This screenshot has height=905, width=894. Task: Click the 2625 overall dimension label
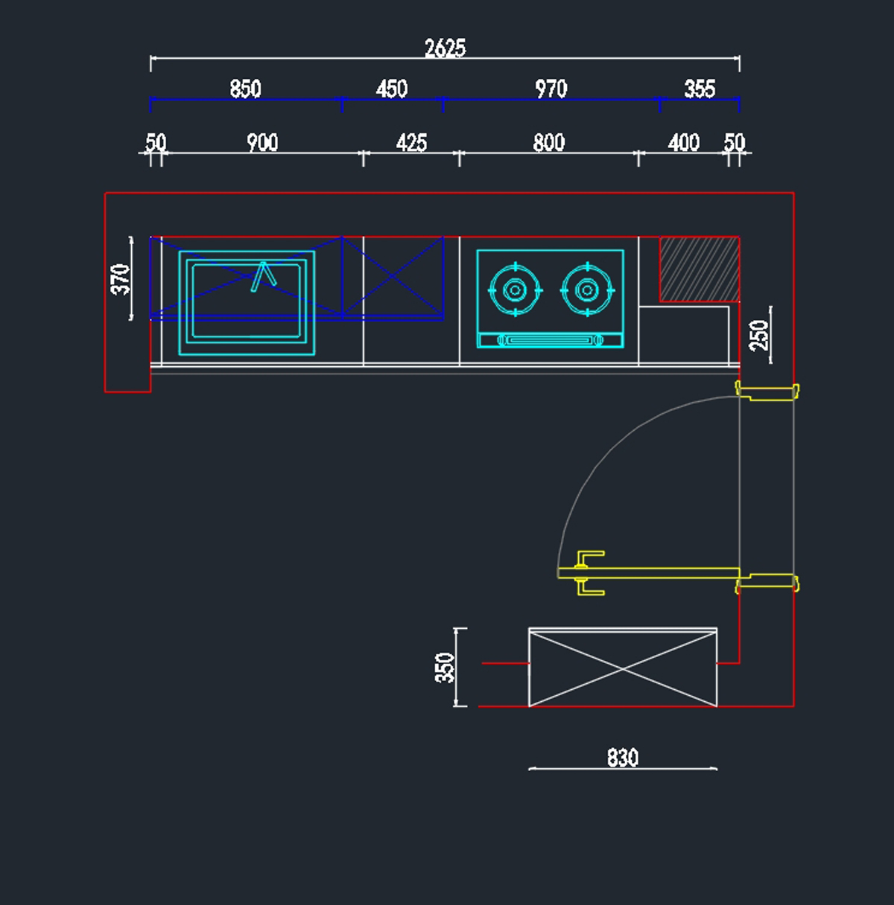[445, 48]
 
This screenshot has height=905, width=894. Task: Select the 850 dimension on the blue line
[246, 89]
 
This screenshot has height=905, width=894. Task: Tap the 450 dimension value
[392, 89]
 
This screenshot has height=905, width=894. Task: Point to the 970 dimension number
[551, 89]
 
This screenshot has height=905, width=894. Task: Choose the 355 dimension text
[700, 89]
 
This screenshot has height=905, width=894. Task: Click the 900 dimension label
[262, 142]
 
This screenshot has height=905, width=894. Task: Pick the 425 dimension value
[411, 142]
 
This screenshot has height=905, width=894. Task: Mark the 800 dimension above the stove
[549, 142]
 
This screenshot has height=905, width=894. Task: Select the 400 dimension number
[684, 142]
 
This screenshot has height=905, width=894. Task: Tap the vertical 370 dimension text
[121, 279]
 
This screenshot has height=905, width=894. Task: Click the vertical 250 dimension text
[759, 335]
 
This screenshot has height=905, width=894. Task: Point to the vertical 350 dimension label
[445, 668]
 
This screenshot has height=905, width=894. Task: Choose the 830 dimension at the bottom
[623, 758]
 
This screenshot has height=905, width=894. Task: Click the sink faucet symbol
[263, 277]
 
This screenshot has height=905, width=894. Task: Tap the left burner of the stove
[516, 290]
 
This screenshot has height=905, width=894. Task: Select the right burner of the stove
[587, 290]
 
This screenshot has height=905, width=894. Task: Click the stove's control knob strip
[551, 340]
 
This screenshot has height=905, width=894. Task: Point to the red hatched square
[700, 269]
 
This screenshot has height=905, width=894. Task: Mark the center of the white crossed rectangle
[623, 669]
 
